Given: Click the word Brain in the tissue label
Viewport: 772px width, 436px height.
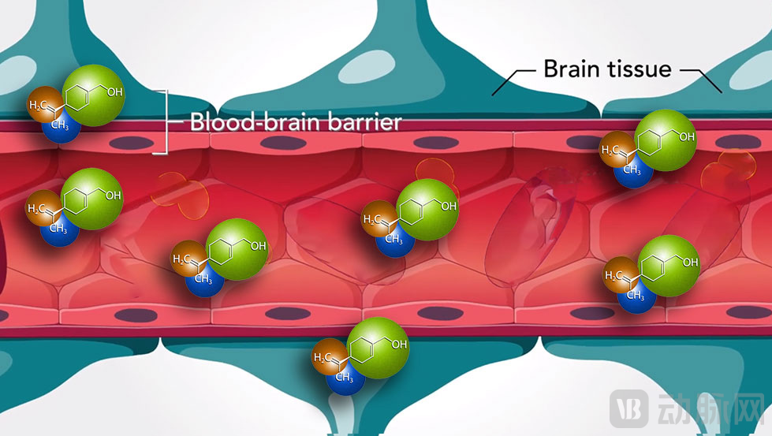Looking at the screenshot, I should coord(572,69).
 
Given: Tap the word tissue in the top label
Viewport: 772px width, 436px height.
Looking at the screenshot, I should coord(640,69).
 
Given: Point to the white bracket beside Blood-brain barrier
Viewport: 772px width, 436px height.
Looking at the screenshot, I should coord(166,122).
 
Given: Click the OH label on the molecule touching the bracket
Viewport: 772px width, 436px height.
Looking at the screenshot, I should coord(115,92).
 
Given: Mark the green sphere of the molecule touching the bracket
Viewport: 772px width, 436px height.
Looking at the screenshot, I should coord(92,94).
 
